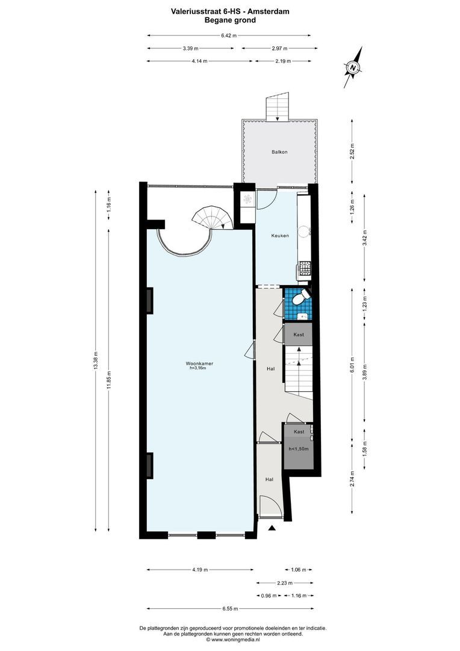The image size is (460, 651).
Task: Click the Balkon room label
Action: [x=279, y=152]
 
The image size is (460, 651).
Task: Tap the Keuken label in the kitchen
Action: [x=279, y=236]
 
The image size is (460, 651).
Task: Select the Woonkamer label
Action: [x=197, y=363]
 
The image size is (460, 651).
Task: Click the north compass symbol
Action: [x=353, y=67]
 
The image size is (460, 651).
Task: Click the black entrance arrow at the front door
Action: [x=272, y=528]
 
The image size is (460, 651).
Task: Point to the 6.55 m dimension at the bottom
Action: [x=229, y=608]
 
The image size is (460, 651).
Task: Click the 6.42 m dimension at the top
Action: [x=229, y=36]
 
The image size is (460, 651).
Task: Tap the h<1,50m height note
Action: [x=299, y=448]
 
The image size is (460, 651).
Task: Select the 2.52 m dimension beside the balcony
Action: [x=353, y=151]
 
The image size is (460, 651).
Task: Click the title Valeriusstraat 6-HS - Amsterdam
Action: [x=229, y=10]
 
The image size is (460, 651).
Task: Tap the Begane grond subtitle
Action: [x=230, y=20]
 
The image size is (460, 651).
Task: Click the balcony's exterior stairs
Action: [x=278, y=107]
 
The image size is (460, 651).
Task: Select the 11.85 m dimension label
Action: [x=109, y=379]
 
